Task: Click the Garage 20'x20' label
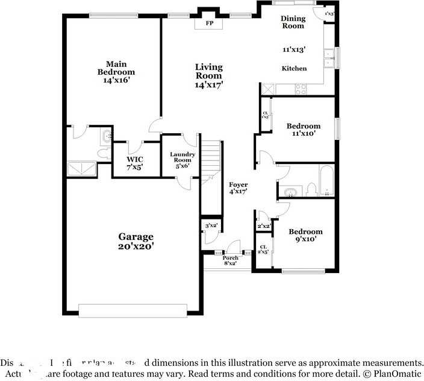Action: click(136, 241)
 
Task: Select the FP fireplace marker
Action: click(210, 23)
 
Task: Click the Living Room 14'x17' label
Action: click(208, 76)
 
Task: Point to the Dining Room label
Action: click(293, 22)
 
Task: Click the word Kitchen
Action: click(294, 69)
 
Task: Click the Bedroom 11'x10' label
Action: click(304, 130)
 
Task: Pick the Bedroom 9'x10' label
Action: click(305, 235)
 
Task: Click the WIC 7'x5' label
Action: click(134, 163)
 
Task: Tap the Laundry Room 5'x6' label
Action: click(182, 160)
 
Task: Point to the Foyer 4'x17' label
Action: click(237, 187)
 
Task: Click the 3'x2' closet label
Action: click(211, 226)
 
